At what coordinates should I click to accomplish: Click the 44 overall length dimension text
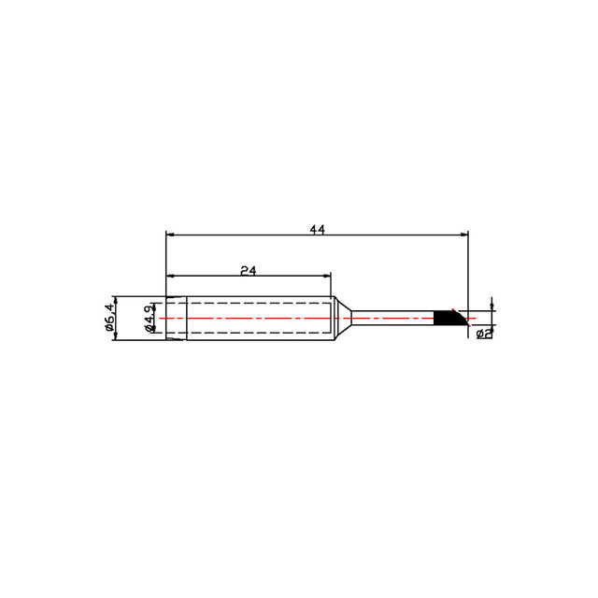317,230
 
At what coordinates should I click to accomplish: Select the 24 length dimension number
249,270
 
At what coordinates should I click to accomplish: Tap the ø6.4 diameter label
109,317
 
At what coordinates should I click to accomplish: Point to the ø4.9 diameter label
149,317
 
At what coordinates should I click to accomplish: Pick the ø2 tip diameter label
484,334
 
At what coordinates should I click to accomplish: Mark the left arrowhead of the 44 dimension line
170,235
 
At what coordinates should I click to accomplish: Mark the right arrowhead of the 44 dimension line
464,235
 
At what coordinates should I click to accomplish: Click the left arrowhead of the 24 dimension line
170,276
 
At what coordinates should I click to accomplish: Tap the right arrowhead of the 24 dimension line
327,276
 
